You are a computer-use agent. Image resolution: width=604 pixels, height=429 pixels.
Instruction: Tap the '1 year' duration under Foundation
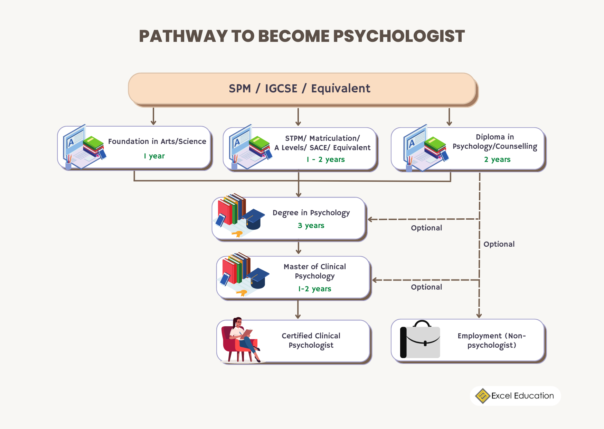tap(154, 156)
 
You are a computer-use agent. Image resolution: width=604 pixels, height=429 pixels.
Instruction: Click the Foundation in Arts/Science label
tap(157, 142)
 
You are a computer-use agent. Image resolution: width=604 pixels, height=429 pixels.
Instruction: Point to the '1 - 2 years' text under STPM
tap(325, 159)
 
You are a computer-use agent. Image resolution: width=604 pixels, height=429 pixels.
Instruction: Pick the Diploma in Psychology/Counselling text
tap(494, 142)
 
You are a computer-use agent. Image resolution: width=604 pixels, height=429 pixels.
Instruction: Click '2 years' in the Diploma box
tap(497, 159)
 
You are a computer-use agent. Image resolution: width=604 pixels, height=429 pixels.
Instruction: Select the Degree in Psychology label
tap(311, 213)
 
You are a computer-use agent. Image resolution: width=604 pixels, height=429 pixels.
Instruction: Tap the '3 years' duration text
tap(311, 226)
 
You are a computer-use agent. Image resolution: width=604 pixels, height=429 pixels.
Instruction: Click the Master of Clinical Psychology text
tap(314, 271)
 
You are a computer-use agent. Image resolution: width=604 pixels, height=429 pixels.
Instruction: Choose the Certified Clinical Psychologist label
tap(311, 340)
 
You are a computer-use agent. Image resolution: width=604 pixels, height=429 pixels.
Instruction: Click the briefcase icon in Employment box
tap(421, 340)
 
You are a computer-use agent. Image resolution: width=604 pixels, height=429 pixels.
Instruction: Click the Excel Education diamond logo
tap(482, 396)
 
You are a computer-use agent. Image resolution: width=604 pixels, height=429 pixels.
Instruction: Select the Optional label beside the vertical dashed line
tap(499, 244)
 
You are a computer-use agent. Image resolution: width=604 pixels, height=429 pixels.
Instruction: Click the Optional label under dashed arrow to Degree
tap(426, 228)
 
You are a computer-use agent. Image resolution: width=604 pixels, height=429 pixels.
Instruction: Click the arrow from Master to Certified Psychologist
tap(298, 310)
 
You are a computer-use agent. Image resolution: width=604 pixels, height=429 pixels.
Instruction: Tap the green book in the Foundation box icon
tap(93, 142)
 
